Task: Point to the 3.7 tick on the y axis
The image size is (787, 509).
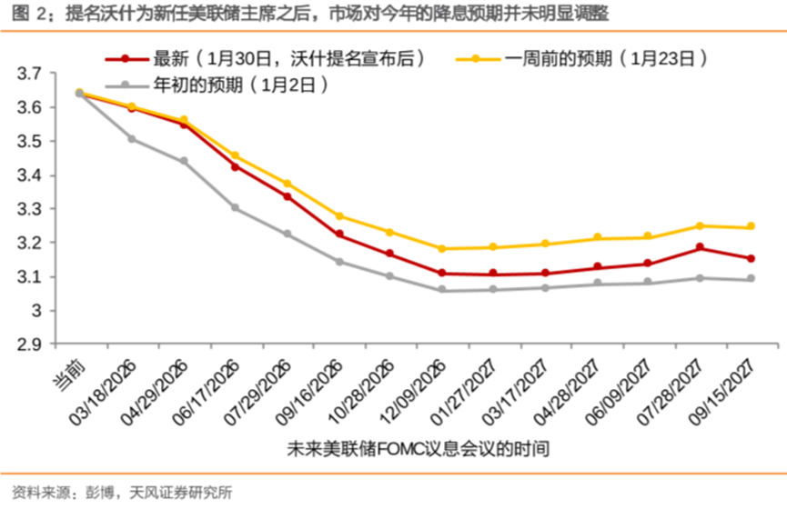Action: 29,74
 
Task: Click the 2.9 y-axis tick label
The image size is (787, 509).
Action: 29,344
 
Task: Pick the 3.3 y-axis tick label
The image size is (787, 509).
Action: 29,209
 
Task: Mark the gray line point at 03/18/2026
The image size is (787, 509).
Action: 132,139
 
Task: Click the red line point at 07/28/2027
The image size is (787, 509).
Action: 700,247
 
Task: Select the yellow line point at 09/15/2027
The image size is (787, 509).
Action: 752,226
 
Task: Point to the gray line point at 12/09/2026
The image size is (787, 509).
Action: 441,290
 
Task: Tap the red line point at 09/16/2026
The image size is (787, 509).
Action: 339,234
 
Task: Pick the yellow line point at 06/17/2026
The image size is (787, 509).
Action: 236,155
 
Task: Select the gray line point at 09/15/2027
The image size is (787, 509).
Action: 752,279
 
